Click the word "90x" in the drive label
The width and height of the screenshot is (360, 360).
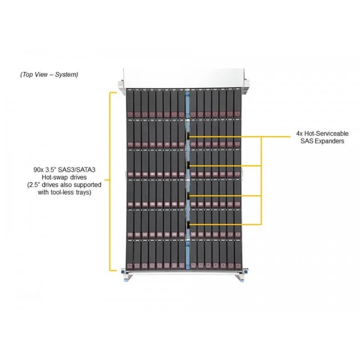(38, 170)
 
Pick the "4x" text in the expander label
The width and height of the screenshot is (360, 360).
(299, 134)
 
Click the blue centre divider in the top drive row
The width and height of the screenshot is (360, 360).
(188, 104)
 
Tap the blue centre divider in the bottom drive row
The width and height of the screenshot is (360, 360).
(188, 255)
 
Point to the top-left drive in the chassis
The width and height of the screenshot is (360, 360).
(130, 104)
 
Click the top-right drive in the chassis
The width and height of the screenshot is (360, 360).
(237, 104)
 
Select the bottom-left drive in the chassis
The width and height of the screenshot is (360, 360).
(130, 255)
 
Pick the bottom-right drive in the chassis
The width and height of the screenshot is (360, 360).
(238, 255)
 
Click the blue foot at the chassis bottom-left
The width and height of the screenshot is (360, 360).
(126, 278)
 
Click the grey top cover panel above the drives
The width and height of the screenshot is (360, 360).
(183, 78)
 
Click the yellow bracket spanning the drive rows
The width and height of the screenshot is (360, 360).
(110, 181)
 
